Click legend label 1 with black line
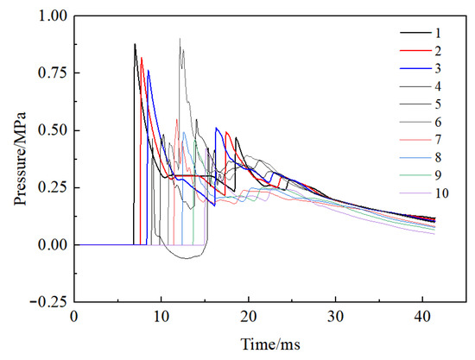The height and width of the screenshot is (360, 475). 441,33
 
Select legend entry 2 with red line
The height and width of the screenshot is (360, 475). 441,50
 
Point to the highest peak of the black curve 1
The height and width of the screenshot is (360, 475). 135,44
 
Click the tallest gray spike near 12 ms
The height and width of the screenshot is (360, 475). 180,39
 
